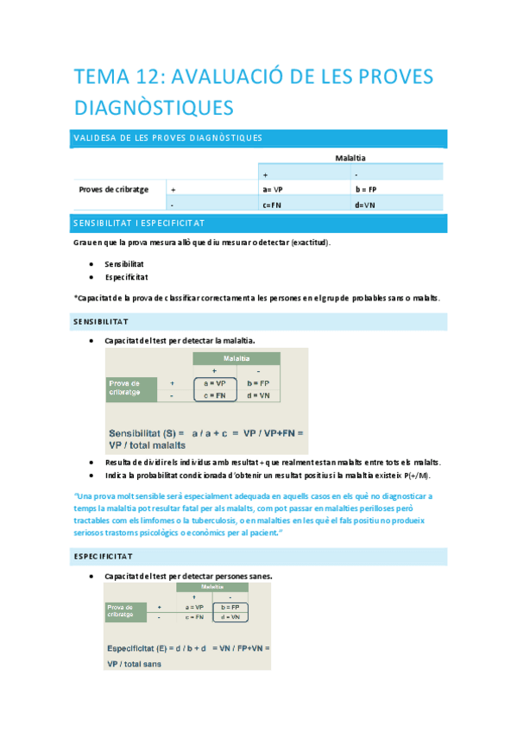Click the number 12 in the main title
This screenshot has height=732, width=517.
click(142, 78)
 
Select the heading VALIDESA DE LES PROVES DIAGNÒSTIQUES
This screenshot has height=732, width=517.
click(168, 138)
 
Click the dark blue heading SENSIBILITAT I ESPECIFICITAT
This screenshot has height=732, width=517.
click(139, 224)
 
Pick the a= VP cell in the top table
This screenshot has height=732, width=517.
click(273, 189)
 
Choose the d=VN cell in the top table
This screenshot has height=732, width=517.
click(365, 205)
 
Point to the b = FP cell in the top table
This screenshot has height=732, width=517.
click(366, 189)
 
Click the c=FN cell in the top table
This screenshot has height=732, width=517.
click(273, 205)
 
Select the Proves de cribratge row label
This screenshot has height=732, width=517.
click(113, 189)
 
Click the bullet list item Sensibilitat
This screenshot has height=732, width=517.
click(124, 263)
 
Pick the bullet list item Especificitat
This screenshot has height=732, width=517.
click(126, 277)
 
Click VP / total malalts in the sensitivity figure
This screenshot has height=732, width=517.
click(148, 445)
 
